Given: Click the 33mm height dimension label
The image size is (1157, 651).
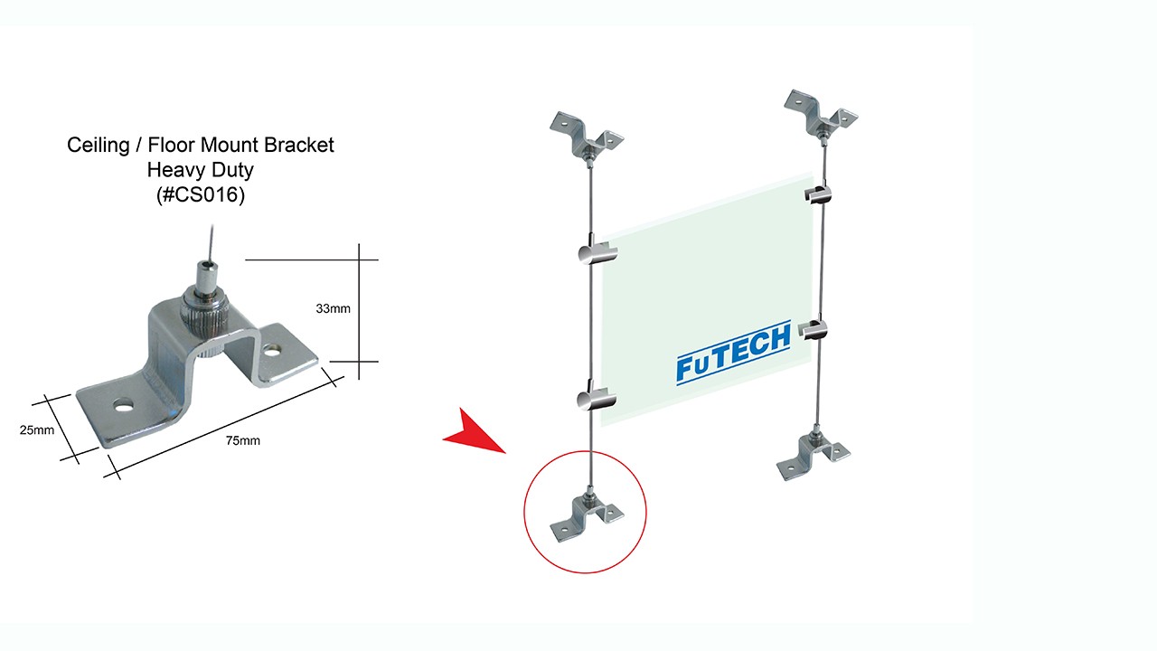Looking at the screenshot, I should click(333, 309).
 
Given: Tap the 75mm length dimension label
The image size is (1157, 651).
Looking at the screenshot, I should click(243, 440).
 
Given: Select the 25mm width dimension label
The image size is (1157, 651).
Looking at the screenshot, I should click(36, 430).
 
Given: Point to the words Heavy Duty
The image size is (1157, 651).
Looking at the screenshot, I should click(201, 170).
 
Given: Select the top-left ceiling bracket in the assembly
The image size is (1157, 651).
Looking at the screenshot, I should click(587, 135).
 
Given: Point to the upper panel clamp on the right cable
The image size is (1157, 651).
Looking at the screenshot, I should click(816, 195).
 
